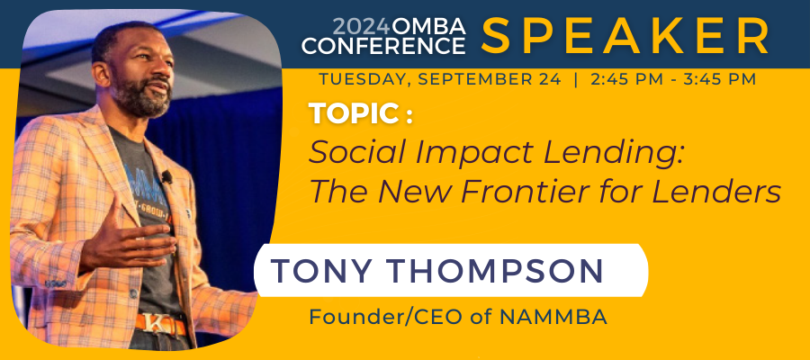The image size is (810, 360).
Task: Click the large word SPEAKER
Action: coord(625,36)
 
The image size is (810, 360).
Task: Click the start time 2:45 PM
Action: coord(624,79)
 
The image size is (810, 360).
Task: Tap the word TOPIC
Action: coord(354,113)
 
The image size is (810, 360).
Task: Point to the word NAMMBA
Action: coord(553,317)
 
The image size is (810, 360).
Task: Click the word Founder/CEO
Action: coord(387,317)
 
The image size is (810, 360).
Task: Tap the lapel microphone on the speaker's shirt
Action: coord(166,177)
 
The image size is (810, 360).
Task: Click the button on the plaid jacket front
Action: coord(133,294)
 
